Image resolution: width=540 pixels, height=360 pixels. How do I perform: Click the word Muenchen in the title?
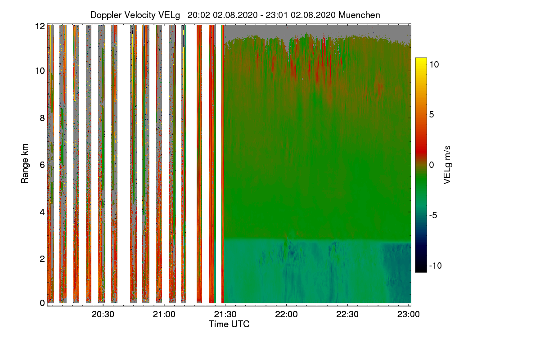(x=359, y=15)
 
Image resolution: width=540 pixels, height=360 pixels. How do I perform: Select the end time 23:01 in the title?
(x=276, y=15)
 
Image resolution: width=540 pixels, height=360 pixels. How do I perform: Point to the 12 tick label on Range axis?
(x=40, y=26)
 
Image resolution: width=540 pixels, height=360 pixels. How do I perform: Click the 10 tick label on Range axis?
(x=40, y=71)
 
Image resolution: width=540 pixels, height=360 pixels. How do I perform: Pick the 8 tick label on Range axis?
(x=42, y=118)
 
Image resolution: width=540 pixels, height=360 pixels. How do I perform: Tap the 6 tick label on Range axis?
(x=42, y=165)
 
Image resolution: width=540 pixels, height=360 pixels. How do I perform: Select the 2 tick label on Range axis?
(x=42, y=259)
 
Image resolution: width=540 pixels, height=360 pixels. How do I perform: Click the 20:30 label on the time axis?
(x=103, y=314)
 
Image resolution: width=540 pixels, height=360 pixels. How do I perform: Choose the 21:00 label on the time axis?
(x=164, y=314)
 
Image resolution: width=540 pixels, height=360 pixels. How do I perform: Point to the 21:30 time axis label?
(x=225, y=314)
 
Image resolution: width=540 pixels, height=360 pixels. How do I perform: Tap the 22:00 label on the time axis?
(x=286, y=314)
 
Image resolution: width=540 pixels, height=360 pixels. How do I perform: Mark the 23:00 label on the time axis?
(x=409, y=314)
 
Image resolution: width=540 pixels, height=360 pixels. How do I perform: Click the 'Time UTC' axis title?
(x=229, y=324)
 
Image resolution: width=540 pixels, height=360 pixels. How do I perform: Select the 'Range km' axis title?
(x=25, y=163)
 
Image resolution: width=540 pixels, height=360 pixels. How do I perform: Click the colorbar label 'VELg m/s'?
(x=447, y=165)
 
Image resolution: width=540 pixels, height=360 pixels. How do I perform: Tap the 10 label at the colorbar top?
(x=434, y=64)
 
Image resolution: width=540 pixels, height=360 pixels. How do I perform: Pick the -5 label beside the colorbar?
(x=433, y=215)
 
